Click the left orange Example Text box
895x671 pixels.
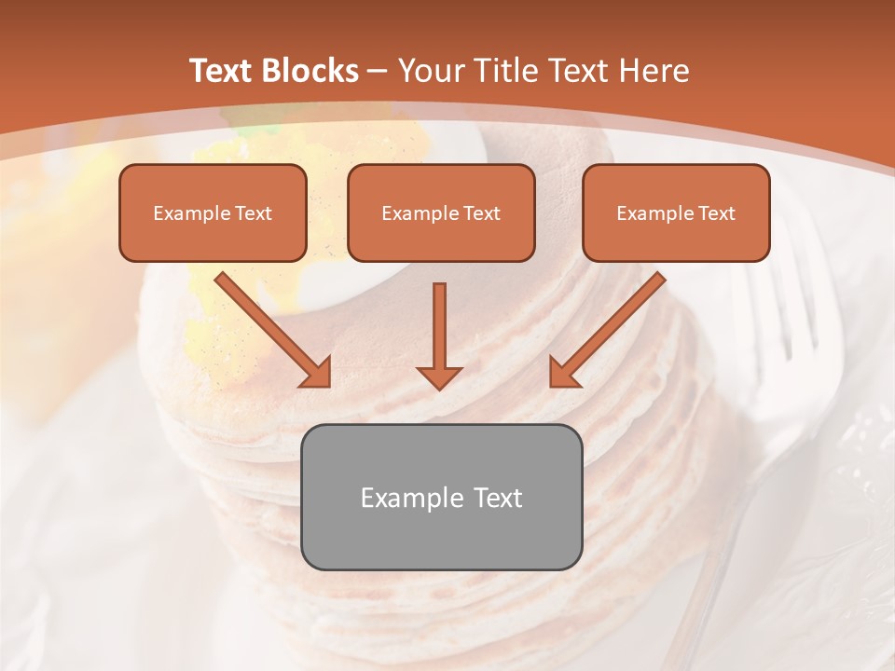click(213, 212)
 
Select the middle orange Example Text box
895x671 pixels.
click(441, 212)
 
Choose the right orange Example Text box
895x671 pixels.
click(676, 212)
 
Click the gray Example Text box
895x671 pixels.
click(441, 497)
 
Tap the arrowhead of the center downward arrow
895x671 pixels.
click(439, 377)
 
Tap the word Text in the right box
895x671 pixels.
click(716, 213)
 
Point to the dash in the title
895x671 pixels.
click(378, 71)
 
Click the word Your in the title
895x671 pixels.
click(430, 71)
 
